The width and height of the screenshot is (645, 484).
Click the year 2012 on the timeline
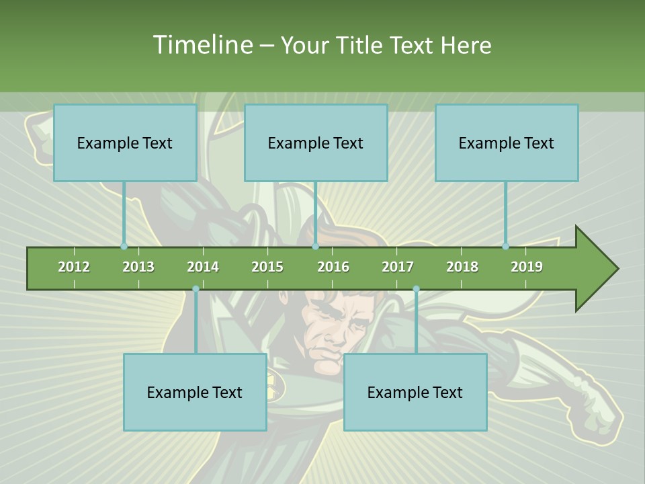point(74,267)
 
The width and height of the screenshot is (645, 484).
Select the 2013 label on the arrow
point(138,267)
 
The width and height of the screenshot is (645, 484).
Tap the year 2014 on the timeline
point(203,267)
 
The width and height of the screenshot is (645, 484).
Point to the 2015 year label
point(267,267)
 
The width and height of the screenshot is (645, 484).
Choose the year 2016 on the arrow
point(333,267)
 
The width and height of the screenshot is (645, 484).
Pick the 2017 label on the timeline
point(398,267)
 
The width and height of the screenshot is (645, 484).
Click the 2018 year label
point(462,267)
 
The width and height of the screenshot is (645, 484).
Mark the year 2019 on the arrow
point(527,267)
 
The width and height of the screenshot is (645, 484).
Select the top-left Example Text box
point(125,143)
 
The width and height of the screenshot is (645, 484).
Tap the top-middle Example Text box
point(316,143)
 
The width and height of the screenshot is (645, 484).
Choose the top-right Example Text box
point(507,143)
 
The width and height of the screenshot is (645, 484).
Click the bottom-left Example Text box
point(195,393)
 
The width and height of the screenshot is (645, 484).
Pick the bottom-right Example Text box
point(415,393)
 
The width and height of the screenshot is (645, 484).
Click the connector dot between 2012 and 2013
point(124,246)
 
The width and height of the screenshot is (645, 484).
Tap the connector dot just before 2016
point(315,246)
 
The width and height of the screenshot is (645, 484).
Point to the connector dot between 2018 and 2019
point(506,246)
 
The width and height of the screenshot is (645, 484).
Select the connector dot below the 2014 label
point(196,289)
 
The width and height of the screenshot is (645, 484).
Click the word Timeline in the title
point(201,45)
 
